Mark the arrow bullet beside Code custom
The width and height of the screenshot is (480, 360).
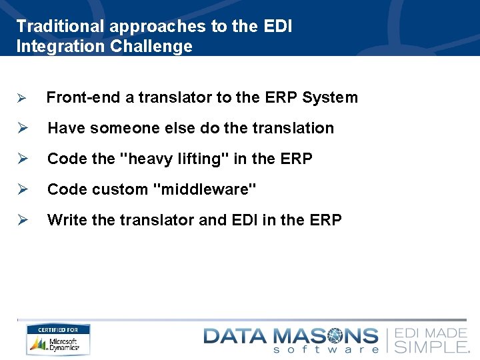click(21, 190)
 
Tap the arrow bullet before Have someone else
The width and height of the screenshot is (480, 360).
click(21, 129)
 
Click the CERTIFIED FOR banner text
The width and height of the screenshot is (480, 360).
click(58, 330)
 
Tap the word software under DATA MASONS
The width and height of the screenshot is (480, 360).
click(327, 349)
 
